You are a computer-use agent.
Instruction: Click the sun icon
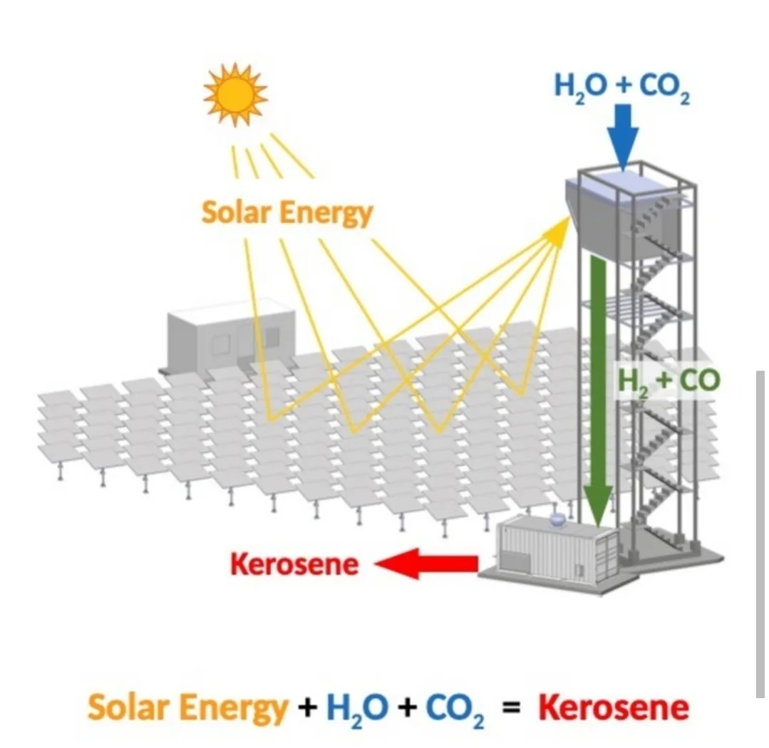[x=234, y=94]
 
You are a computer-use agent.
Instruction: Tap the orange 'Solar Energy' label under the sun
[x=287, y=212]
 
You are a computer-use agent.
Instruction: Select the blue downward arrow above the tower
[x=623, y=140]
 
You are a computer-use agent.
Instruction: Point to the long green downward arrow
[x=598, y=399]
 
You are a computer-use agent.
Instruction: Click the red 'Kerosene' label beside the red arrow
[x=294, y=564]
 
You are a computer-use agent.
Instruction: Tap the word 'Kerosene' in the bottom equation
[x=614, y=708]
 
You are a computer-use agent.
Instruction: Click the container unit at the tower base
[x=556, y=552]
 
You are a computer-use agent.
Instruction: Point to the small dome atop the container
[x=557, y=520]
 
